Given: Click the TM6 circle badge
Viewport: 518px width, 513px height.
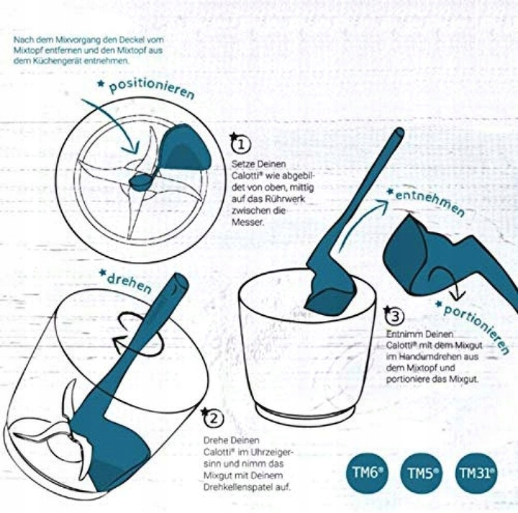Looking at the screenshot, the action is (x=367, y=473).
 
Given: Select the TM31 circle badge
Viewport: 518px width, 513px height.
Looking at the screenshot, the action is (x=476, y=473).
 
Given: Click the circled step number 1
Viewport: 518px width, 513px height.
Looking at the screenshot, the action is (x=241, y=145).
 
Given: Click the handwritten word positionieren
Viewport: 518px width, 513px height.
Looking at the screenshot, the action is (x=151, y=87).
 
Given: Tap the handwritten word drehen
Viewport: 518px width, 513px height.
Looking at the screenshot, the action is (x=129, y=283).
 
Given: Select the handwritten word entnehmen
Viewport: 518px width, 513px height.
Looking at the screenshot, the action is (x=430, y=202).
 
